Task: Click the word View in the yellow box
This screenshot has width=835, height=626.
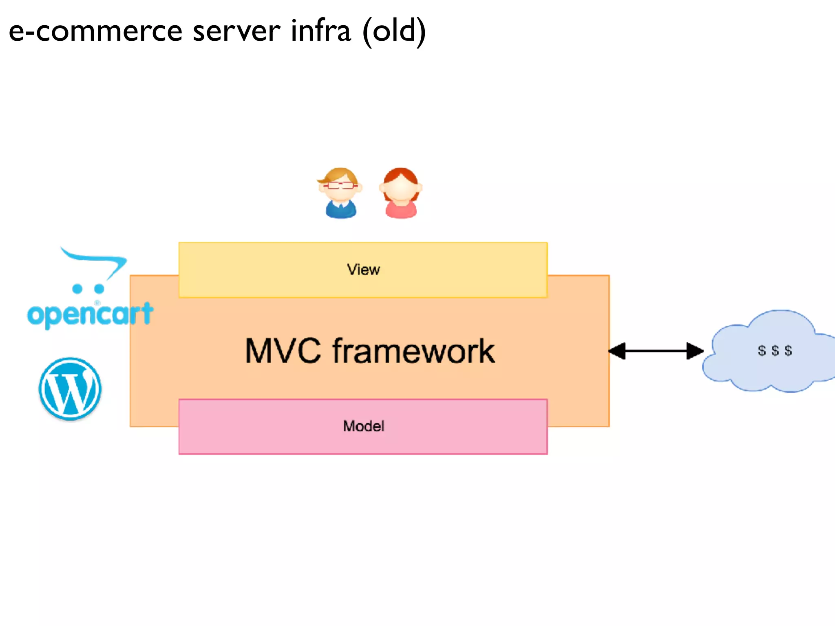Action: point(363,270)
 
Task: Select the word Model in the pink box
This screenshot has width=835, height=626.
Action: point(363,426)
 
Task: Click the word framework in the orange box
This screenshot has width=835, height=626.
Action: point(413,351)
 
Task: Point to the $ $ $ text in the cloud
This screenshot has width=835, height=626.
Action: point(775,350)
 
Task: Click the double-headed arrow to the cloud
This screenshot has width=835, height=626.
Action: point(656,351)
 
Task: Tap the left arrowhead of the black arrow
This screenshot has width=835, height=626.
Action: point(617,351)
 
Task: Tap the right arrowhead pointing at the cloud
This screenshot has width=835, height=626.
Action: point(695,351)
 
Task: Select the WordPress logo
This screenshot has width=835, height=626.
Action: point(70,388)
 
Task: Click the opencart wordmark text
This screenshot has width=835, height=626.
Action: point(90,315)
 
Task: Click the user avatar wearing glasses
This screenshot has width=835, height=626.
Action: point(340,193)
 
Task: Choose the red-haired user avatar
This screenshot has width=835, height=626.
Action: point(401,193)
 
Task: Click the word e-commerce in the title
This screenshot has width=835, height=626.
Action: point(95,32)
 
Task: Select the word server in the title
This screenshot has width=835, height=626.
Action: point(236,32)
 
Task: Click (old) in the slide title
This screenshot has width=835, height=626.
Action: point(394,32)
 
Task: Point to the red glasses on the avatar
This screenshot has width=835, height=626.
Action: point(340,185)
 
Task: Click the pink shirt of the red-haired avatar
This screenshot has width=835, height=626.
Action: point(401,211)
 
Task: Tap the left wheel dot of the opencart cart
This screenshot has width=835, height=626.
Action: point(77,289)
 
